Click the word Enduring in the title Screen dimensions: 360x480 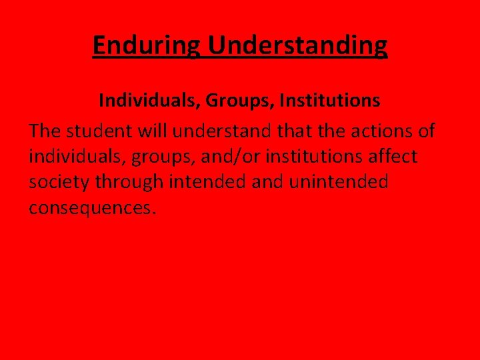(x=147, y=46)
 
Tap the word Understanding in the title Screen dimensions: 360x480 (x=297, y=46)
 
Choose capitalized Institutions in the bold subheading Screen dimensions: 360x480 (x=330, y=101)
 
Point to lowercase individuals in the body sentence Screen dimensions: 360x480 (x=78, y=157)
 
